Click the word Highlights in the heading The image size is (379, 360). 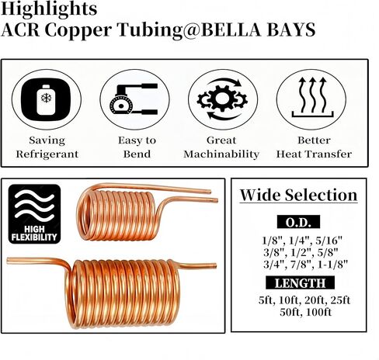pos(49,9)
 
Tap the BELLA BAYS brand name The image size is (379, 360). pos(259,29)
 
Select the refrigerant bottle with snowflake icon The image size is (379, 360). pos(46,99)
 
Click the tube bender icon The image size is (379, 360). pos(134,99)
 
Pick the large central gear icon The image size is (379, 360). pos(222,99)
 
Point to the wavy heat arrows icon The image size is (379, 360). pos(312,97)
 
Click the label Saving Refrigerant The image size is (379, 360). pos(47,147)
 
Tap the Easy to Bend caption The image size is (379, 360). pos(137,147)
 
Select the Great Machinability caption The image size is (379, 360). pos(221,147)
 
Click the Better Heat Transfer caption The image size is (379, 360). pos(314,147)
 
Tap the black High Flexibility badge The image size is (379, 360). pos(34,214)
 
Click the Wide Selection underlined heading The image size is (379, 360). pos(298,195)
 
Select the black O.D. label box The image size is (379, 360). pos(298,222)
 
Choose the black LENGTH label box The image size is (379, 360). pos(300,282)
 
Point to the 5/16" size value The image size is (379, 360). pos(329,241)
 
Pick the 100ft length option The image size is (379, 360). pos(318,312)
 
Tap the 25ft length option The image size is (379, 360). pos(340,300)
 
